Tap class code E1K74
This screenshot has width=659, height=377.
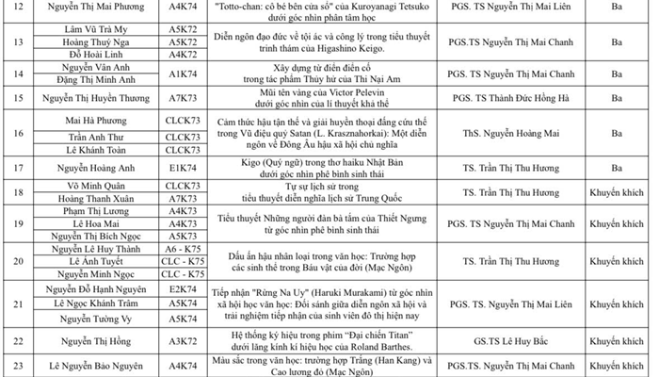pos(182,168)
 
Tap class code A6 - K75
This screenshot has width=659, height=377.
pos(182,248)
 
